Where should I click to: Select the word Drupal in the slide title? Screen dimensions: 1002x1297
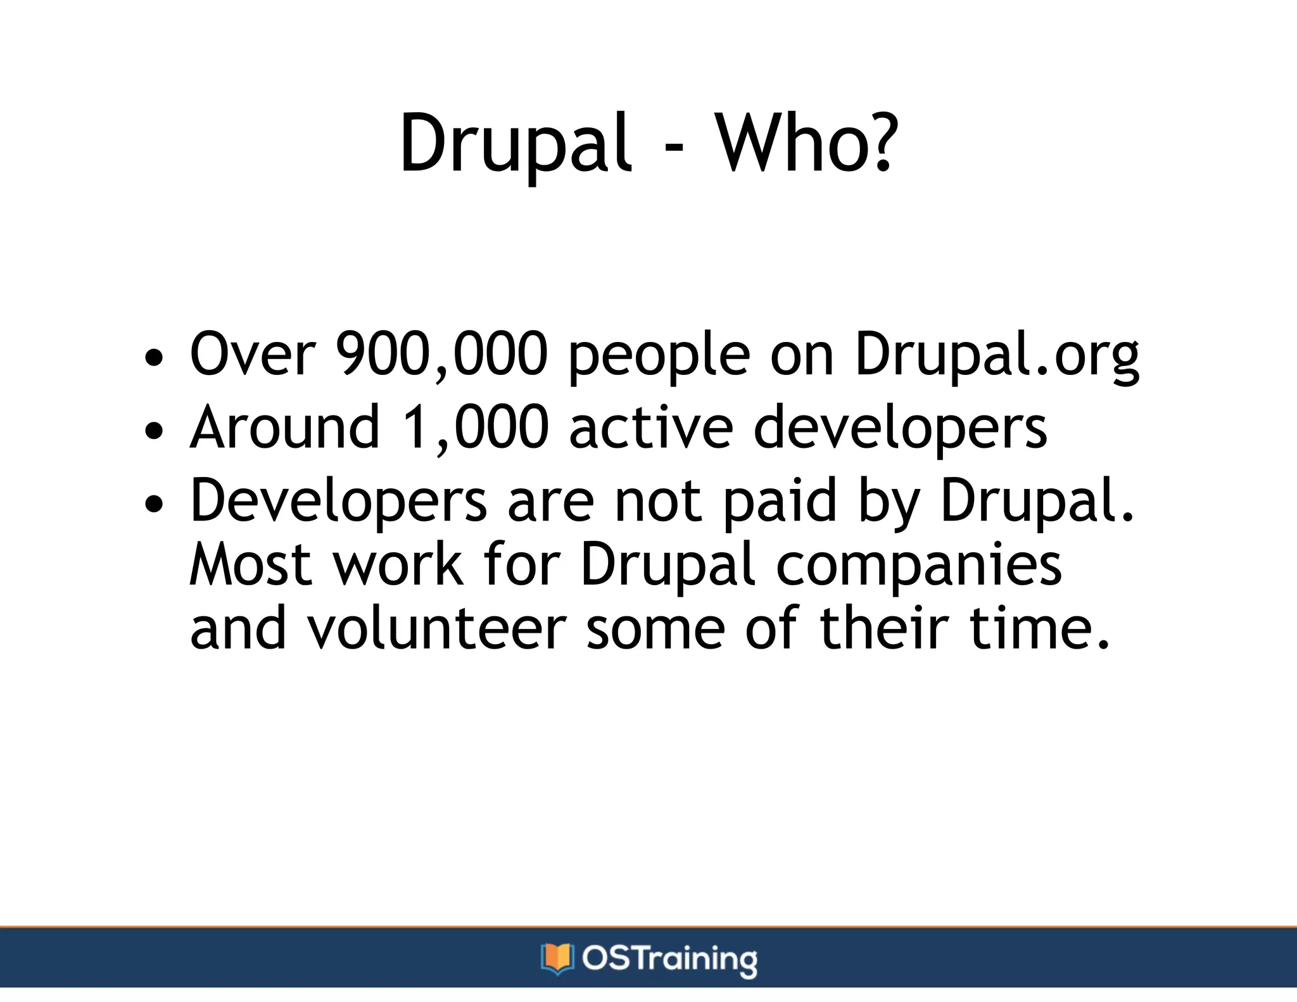click(515, 144)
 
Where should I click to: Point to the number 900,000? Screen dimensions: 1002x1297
click(441, 354)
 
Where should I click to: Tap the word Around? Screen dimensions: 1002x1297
click(285, 428)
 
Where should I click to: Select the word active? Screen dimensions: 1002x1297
click(651, 428)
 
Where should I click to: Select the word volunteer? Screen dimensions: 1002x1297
click(436, 628)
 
